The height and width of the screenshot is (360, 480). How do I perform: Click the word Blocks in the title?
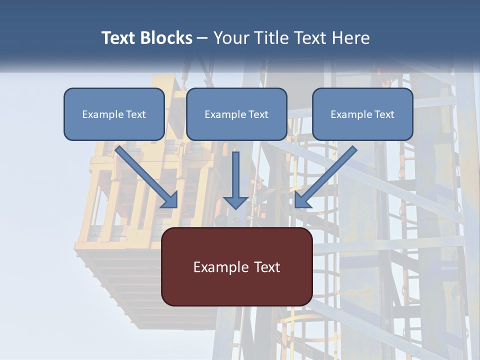tap(167, 38)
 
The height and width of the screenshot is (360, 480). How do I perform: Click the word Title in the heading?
tap(269, 38)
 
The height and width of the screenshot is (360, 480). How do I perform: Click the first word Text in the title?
tap(120, 38)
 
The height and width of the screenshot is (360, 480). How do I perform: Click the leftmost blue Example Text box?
tap(114, 114)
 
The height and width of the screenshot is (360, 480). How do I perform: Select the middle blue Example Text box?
tap(236, 114)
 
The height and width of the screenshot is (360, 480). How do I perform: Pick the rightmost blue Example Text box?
tap(362, 114)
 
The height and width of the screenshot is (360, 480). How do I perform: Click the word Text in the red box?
tap(267, 267)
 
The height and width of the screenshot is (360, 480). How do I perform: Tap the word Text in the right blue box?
tap(384, 114)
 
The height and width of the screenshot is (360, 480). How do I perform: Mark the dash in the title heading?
tap(202, 38)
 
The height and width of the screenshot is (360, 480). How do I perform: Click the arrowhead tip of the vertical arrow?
tap(235, 208)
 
